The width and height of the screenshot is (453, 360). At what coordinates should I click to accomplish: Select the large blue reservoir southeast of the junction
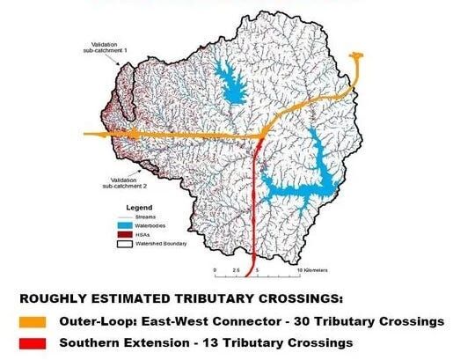(308, 176)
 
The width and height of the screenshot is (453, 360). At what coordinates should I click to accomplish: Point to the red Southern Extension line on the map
(254, 202)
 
